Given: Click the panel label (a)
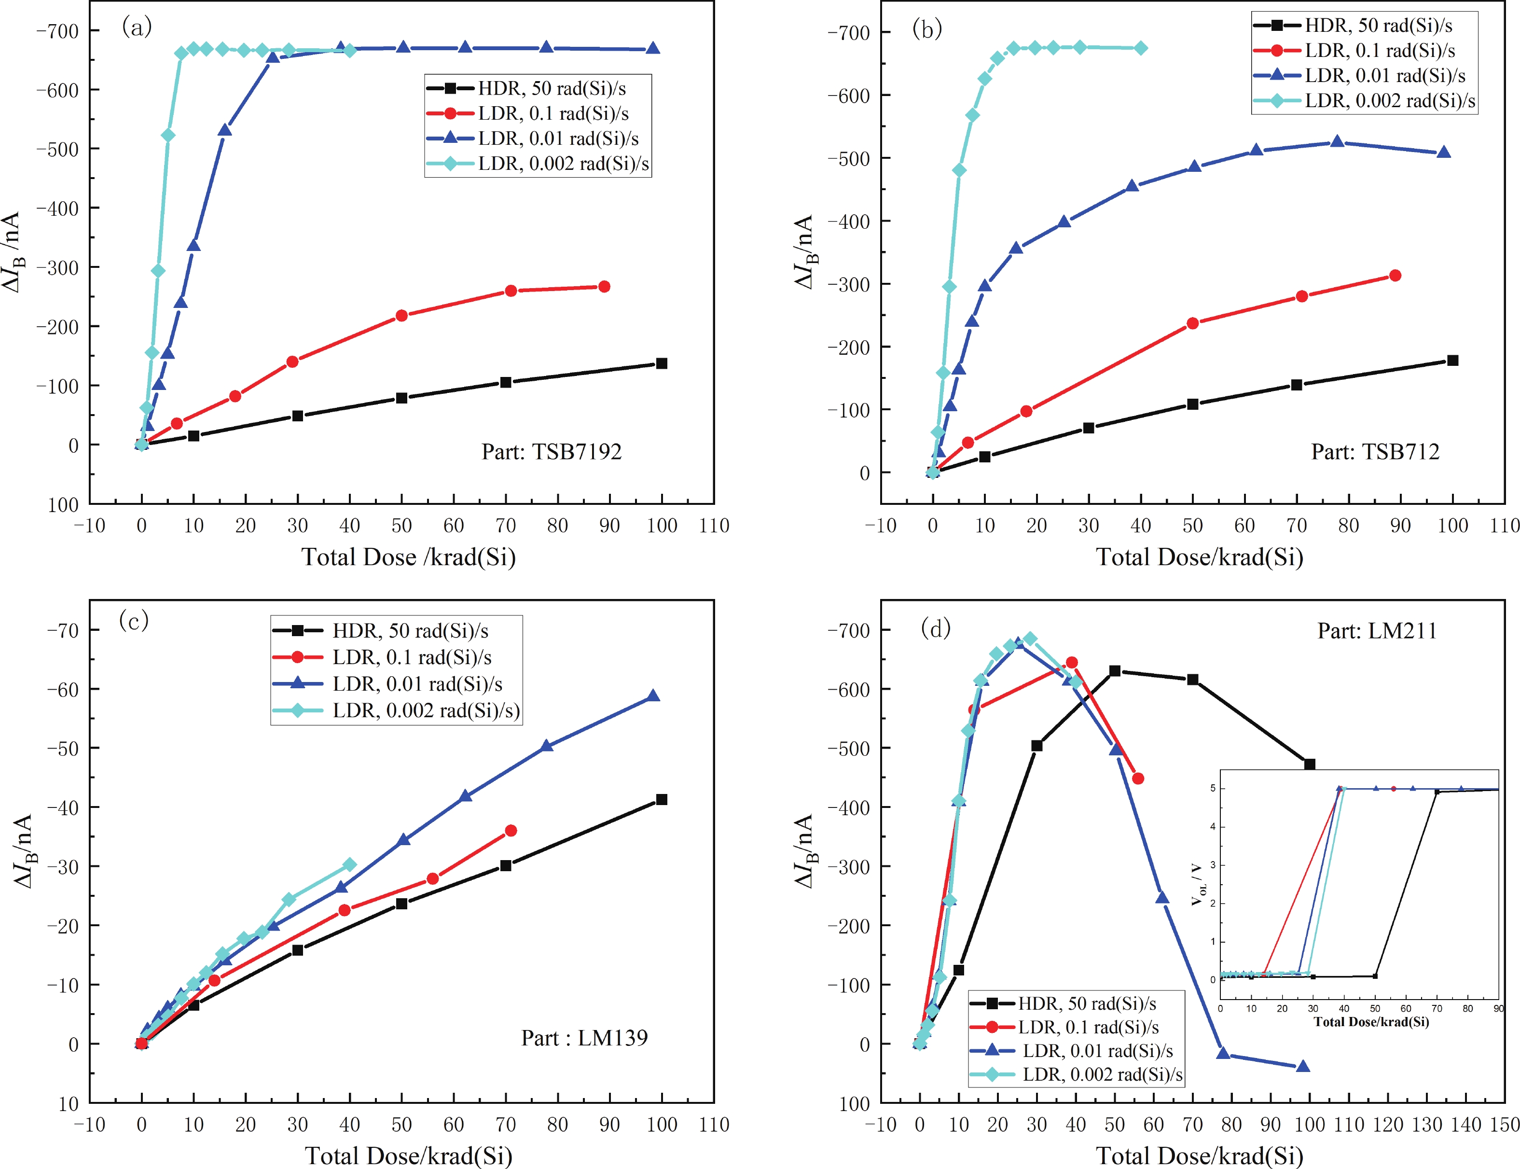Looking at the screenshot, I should (137, 27).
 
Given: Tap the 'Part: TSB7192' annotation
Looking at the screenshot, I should (551, 452).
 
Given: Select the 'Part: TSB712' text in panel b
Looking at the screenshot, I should (1375, 452).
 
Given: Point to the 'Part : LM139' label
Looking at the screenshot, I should (584, 1038).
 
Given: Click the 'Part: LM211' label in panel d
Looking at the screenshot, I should (1377, 630).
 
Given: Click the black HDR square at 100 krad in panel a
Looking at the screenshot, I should (662, 363).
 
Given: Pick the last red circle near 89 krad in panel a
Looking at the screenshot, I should (604, 287).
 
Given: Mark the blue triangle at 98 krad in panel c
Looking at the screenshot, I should (652, 696).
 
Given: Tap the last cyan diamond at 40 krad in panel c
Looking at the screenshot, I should (349, 864).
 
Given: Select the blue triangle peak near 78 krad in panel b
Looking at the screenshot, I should (1337, 141).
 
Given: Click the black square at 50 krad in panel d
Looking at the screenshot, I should (1115, 671).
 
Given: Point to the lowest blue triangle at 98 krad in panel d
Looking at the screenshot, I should (1303, 1066).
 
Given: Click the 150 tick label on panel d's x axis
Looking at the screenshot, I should (1505, 1125).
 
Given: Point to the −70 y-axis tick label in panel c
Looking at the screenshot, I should (63, 630).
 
